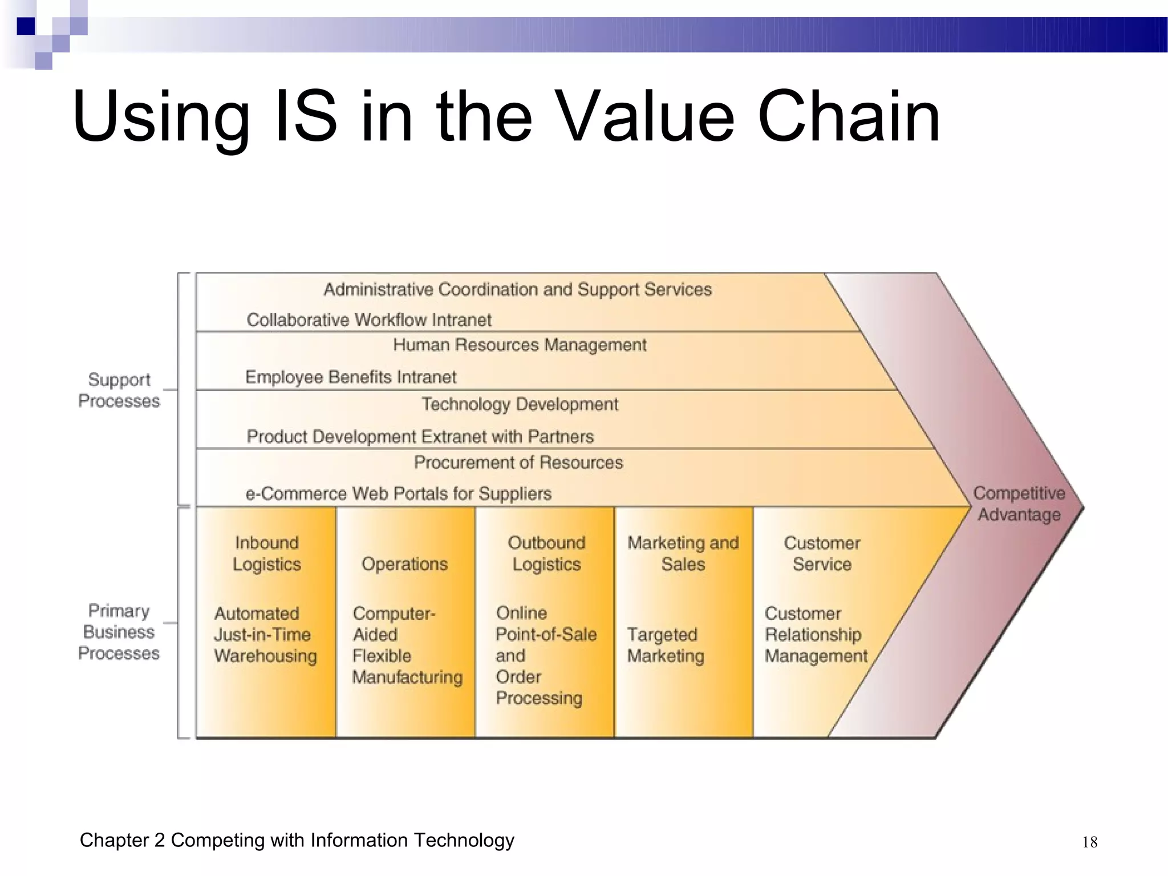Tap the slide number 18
click(x=1089, y=842)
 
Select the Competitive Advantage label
click(x=1019, y=504)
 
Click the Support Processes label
click(x=119, y=390)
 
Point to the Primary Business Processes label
click(x=119, y=632)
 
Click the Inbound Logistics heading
click(x=266, y=553)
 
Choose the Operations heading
click(x=404, y=564)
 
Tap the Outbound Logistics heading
click(x=546, y=553)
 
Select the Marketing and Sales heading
click(x=683, y=553)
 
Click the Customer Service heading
click(x=822, y=553)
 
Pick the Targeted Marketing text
click(x=666, y=645)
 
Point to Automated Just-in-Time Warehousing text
click(x=265, y=635)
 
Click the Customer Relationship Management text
click(x=816, y=635)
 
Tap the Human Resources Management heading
click(x=520, y=345)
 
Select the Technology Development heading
click(x=520, y=404)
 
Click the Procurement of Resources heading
click(x=518, y=462)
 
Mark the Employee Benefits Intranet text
click(x=351, y=377)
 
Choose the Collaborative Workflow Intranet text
click(x=369, y=320)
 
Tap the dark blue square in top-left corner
click(x=26, y=26)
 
